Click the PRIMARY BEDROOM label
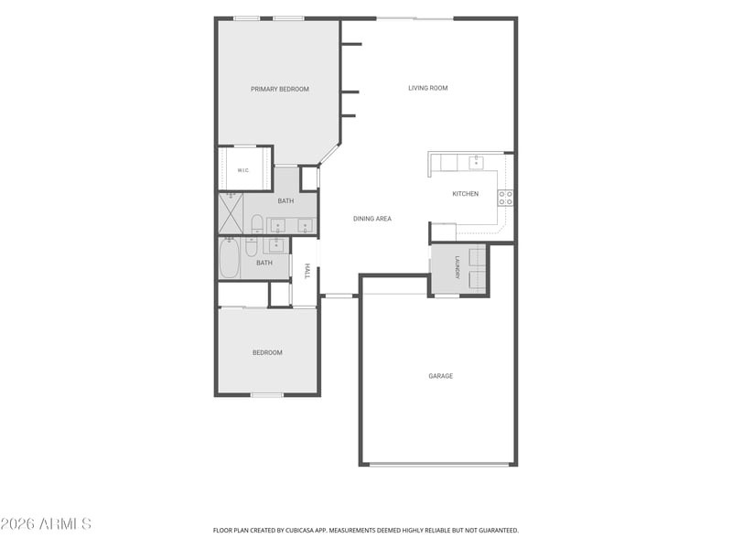(x=280, y=89)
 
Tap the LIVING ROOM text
(x=428, y=88)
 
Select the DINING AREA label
(x=372, y=219)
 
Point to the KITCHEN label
(x=466, y=194)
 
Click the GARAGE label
(x=441, y=376)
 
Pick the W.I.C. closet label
(x=243, y=170)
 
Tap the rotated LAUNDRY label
(x=457, y=267)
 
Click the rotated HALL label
(x=307, y=271)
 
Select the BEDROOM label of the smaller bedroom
(x=267, y=352)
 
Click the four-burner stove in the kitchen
(x=506, y=198)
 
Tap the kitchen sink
(x=476, y=162)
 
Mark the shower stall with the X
(x=231, y=213)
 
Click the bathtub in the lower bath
(x=230, y=258)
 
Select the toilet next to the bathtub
(x=251, y=247)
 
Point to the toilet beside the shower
(x=257, y=224)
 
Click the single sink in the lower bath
(x=276, y=244)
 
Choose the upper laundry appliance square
(x=477, y=259)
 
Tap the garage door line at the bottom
(x=439, y=465)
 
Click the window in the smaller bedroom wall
(x=267, y=395)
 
